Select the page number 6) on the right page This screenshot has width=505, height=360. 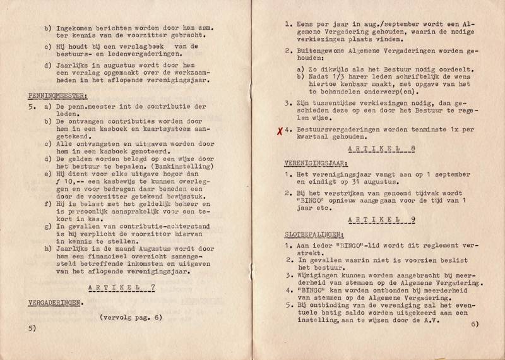tap(475, 323)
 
